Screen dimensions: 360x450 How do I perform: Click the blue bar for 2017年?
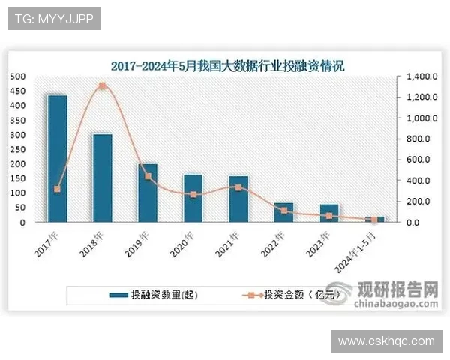coord(57,158)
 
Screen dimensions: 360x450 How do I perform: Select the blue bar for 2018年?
coord(102,178)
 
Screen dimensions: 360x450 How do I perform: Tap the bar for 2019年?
coord(148,193)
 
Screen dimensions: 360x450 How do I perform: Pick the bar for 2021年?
coord(238,199)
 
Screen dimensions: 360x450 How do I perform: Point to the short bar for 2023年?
coord(329,213)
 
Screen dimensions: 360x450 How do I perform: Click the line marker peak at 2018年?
coord(103,86)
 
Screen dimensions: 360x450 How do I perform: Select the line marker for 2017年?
coord(57,189)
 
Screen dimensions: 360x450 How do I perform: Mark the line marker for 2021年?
coord(238,187)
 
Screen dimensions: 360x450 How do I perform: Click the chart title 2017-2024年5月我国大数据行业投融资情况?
coord(227,66)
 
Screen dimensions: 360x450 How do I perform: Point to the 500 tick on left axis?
coord(16,76)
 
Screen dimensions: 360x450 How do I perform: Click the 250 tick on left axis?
coord(16,149)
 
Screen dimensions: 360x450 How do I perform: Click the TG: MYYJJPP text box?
coord(54,19)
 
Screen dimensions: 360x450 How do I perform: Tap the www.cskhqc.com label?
coord(386,340)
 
